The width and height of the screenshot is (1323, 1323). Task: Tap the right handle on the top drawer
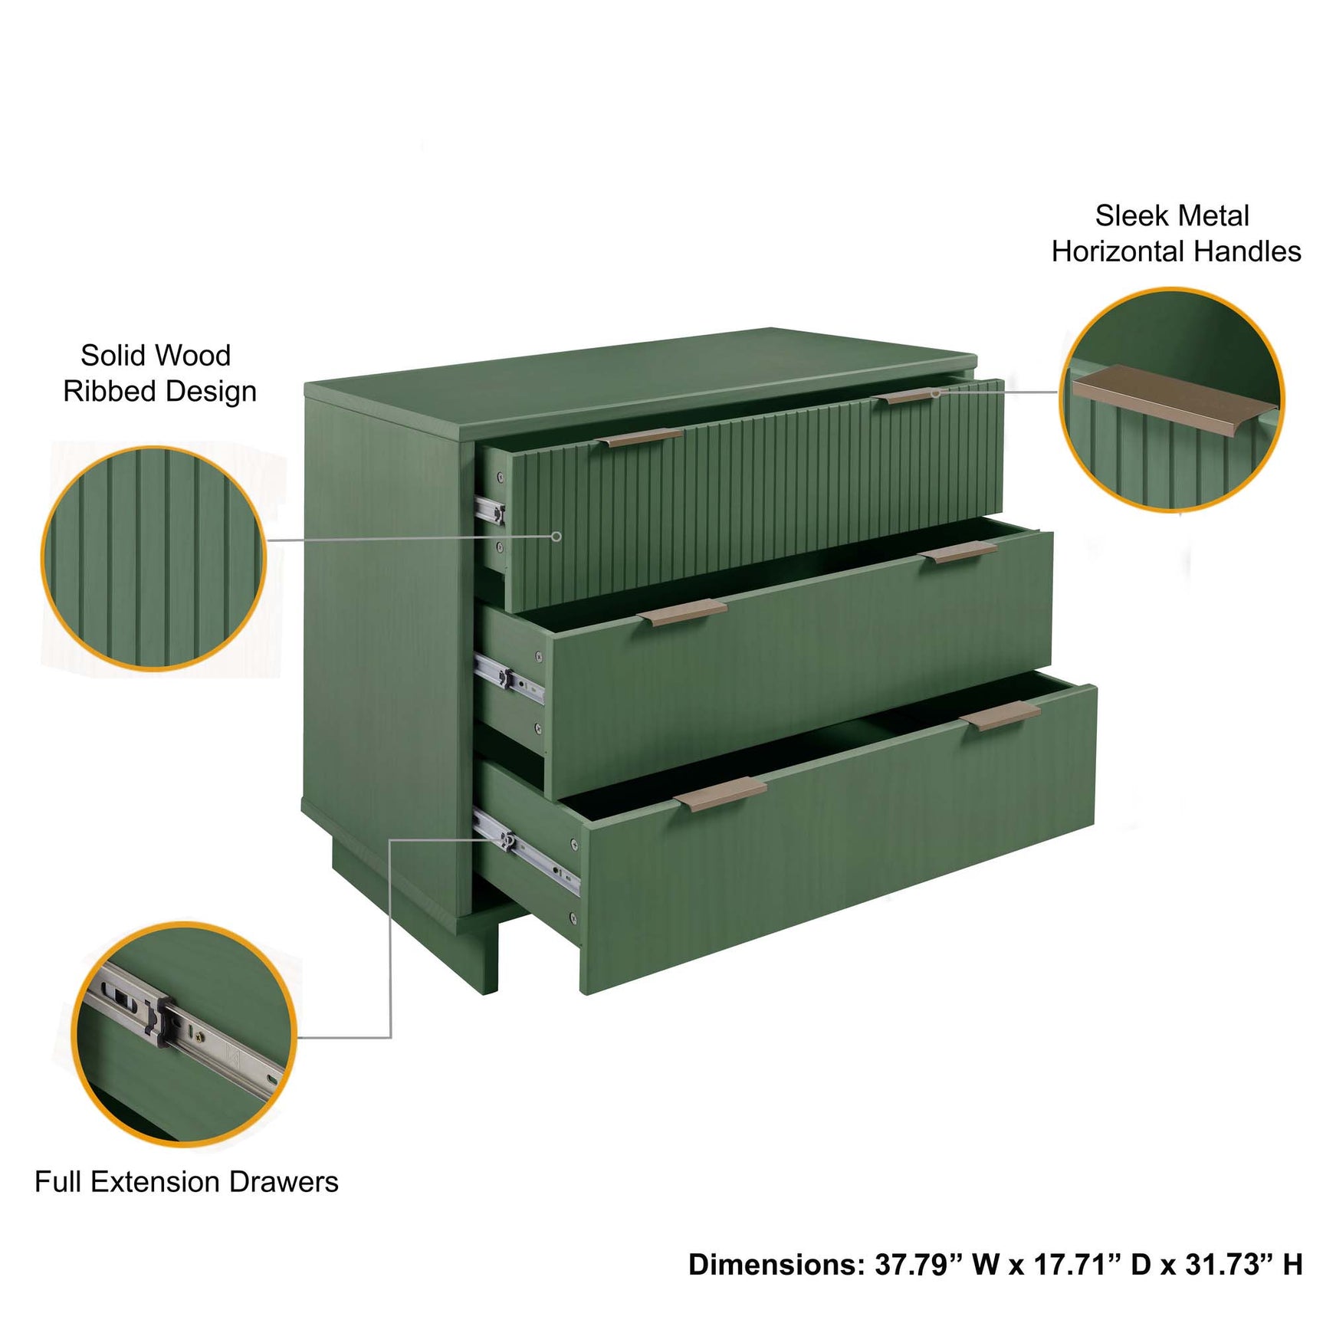pyautogui.click(x=909, y=396)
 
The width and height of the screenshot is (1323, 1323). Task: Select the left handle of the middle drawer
pyautogui.click(x=682, y=612)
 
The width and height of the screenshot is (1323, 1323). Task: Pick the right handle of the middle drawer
pyautogui.click(x=957, y=551)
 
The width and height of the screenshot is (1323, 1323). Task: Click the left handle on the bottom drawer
pyautogui.click(x=721, y=793)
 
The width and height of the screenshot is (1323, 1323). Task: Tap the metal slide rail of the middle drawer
pyautogui.click(x=509, y=678)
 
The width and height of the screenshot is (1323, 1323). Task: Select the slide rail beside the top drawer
pyautogui.click(x=489, y=510)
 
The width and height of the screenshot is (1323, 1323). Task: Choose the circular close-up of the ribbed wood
pyautogui.click(x=153, y=558)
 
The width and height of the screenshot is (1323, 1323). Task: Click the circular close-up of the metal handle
pyautogui.click(x=1171, y=399)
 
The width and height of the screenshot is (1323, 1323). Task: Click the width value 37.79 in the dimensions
pyautogui.click(x=912, y=1264)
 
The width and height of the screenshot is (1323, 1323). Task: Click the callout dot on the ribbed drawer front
pyautogui.click(x=556, y=537)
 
